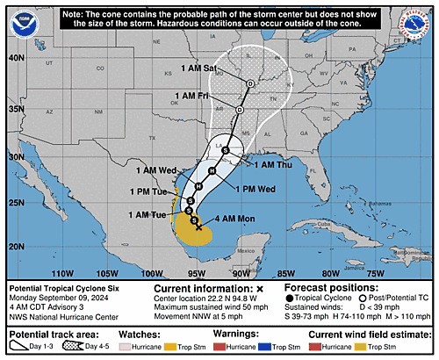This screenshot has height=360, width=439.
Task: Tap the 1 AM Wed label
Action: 158,169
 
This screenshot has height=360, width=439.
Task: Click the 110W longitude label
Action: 61,273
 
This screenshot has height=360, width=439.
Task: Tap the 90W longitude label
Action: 250,273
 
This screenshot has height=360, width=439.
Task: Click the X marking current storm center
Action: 199,227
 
